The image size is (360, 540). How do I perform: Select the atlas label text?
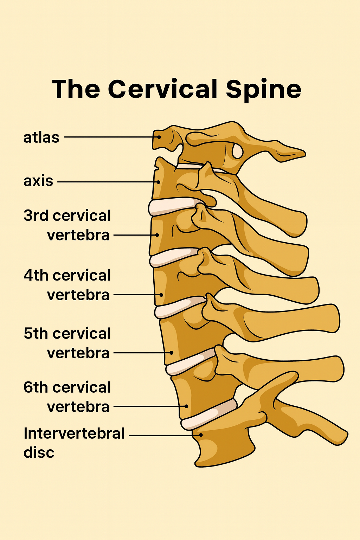click(x=41, y=137)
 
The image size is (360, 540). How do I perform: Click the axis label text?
click(x=38, y=181)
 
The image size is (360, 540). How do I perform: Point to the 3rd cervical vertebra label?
click(x=67, y=225)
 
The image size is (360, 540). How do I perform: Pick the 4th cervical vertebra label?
click(x=67, y=285)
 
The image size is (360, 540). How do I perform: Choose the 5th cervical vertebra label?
click(x=67, y=343)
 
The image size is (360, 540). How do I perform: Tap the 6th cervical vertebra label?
click(x=67, y=397)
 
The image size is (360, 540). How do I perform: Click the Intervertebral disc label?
click(x=74, y=443)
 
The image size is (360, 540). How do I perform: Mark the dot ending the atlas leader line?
click(x=159, y=137)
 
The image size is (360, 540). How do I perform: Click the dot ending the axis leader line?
click(x=159, y=182)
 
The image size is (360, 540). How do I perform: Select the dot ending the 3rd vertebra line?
click(x=157, y=235)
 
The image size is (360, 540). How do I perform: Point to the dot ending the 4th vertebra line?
click(x=161, y=295)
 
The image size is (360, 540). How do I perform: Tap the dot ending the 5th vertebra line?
click(x=172, y=353)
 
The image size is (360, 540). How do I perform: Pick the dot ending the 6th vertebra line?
click(x=186, y=406)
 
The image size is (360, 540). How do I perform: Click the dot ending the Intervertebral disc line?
click(x=201, y=435)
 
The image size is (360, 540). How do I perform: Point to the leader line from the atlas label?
click(x=109, y=137)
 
